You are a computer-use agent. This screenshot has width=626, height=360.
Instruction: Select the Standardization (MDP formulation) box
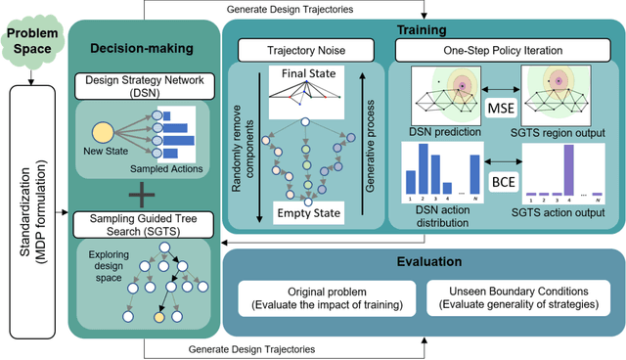(x=30, y=219)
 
